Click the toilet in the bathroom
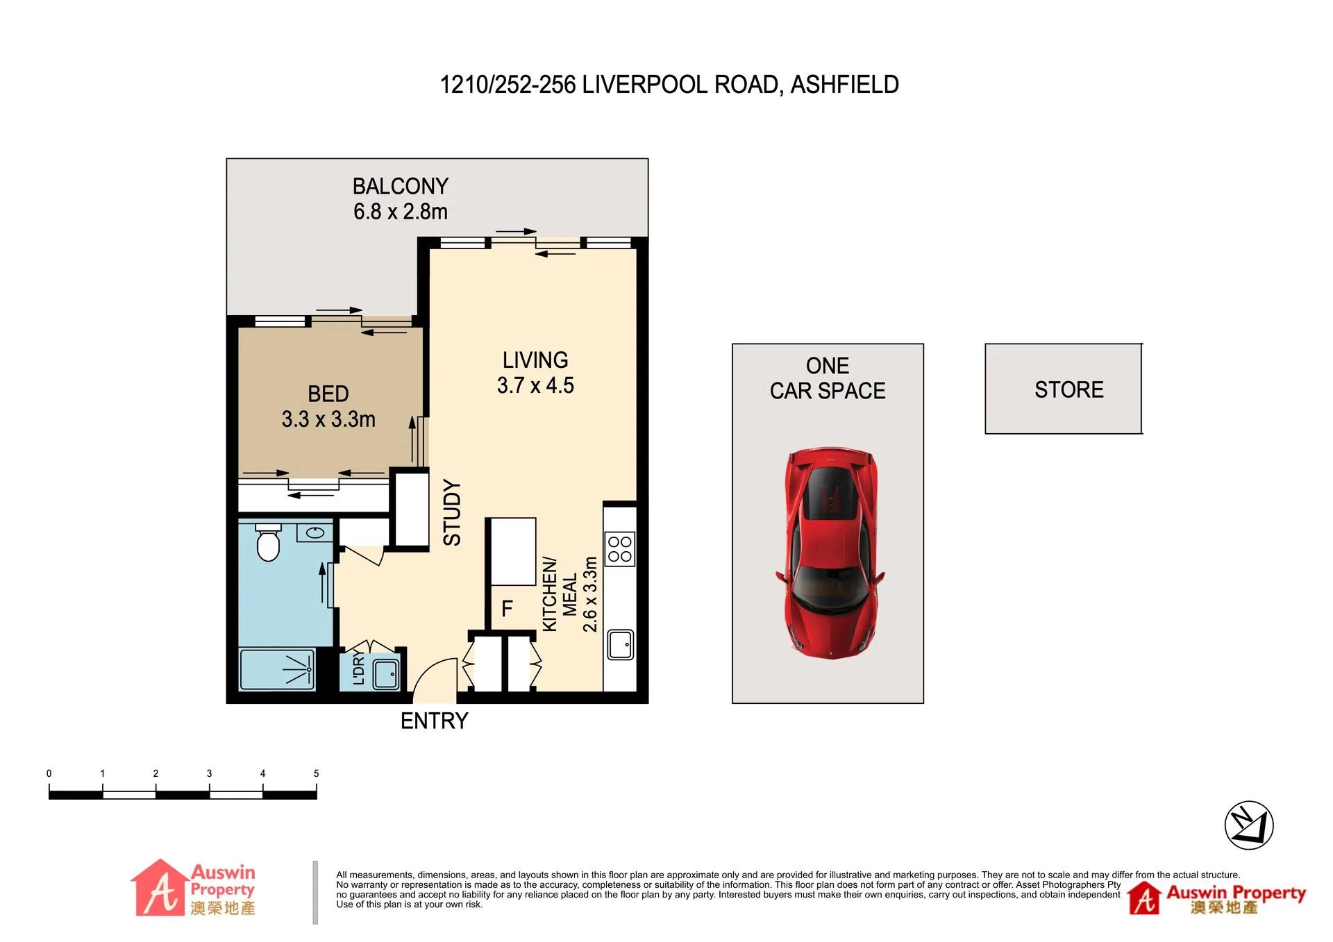coord(268,543)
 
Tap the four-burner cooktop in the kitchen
coord(619,549)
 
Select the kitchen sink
coord(620,644)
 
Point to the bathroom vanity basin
coord(315,533)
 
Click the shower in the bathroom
coord(277,669)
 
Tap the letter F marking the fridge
coord(508,609)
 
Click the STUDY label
coord(452,512)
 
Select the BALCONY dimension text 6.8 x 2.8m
coord(401,211)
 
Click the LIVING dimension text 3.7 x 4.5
coord(535,385)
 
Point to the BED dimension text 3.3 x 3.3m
coord(328,419)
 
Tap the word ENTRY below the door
coord(435,721)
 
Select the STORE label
coord(1069,389)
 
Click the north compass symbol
coord(1249,825)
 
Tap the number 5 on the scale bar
coord(317,773)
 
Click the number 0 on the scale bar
coord(49,773)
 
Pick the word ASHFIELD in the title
coord(845,85)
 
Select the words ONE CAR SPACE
coord(828,378)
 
